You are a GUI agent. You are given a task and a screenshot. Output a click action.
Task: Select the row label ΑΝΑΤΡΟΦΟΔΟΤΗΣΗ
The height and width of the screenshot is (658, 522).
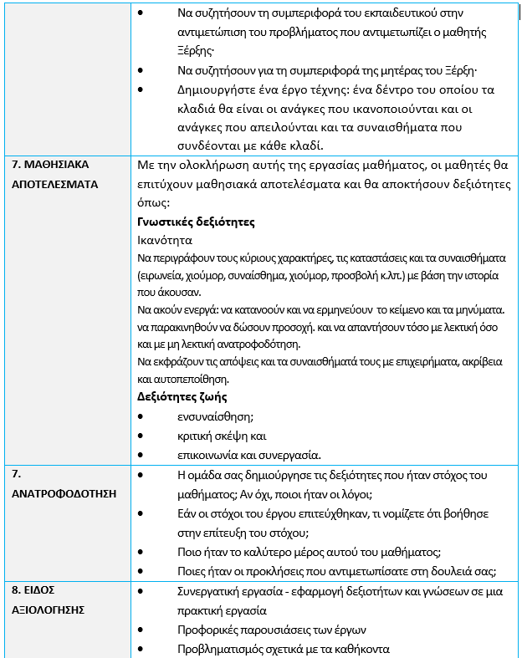coord(64,492)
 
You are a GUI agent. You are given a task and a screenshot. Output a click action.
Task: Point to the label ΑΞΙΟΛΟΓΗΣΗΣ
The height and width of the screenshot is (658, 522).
coord(49,610)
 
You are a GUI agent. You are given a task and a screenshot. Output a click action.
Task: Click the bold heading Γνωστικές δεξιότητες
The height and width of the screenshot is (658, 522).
coord(195,222)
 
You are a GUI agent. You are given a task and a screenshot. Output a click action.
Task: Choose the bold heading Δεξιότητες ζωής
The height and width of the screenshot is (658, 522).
coord(182,396)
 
